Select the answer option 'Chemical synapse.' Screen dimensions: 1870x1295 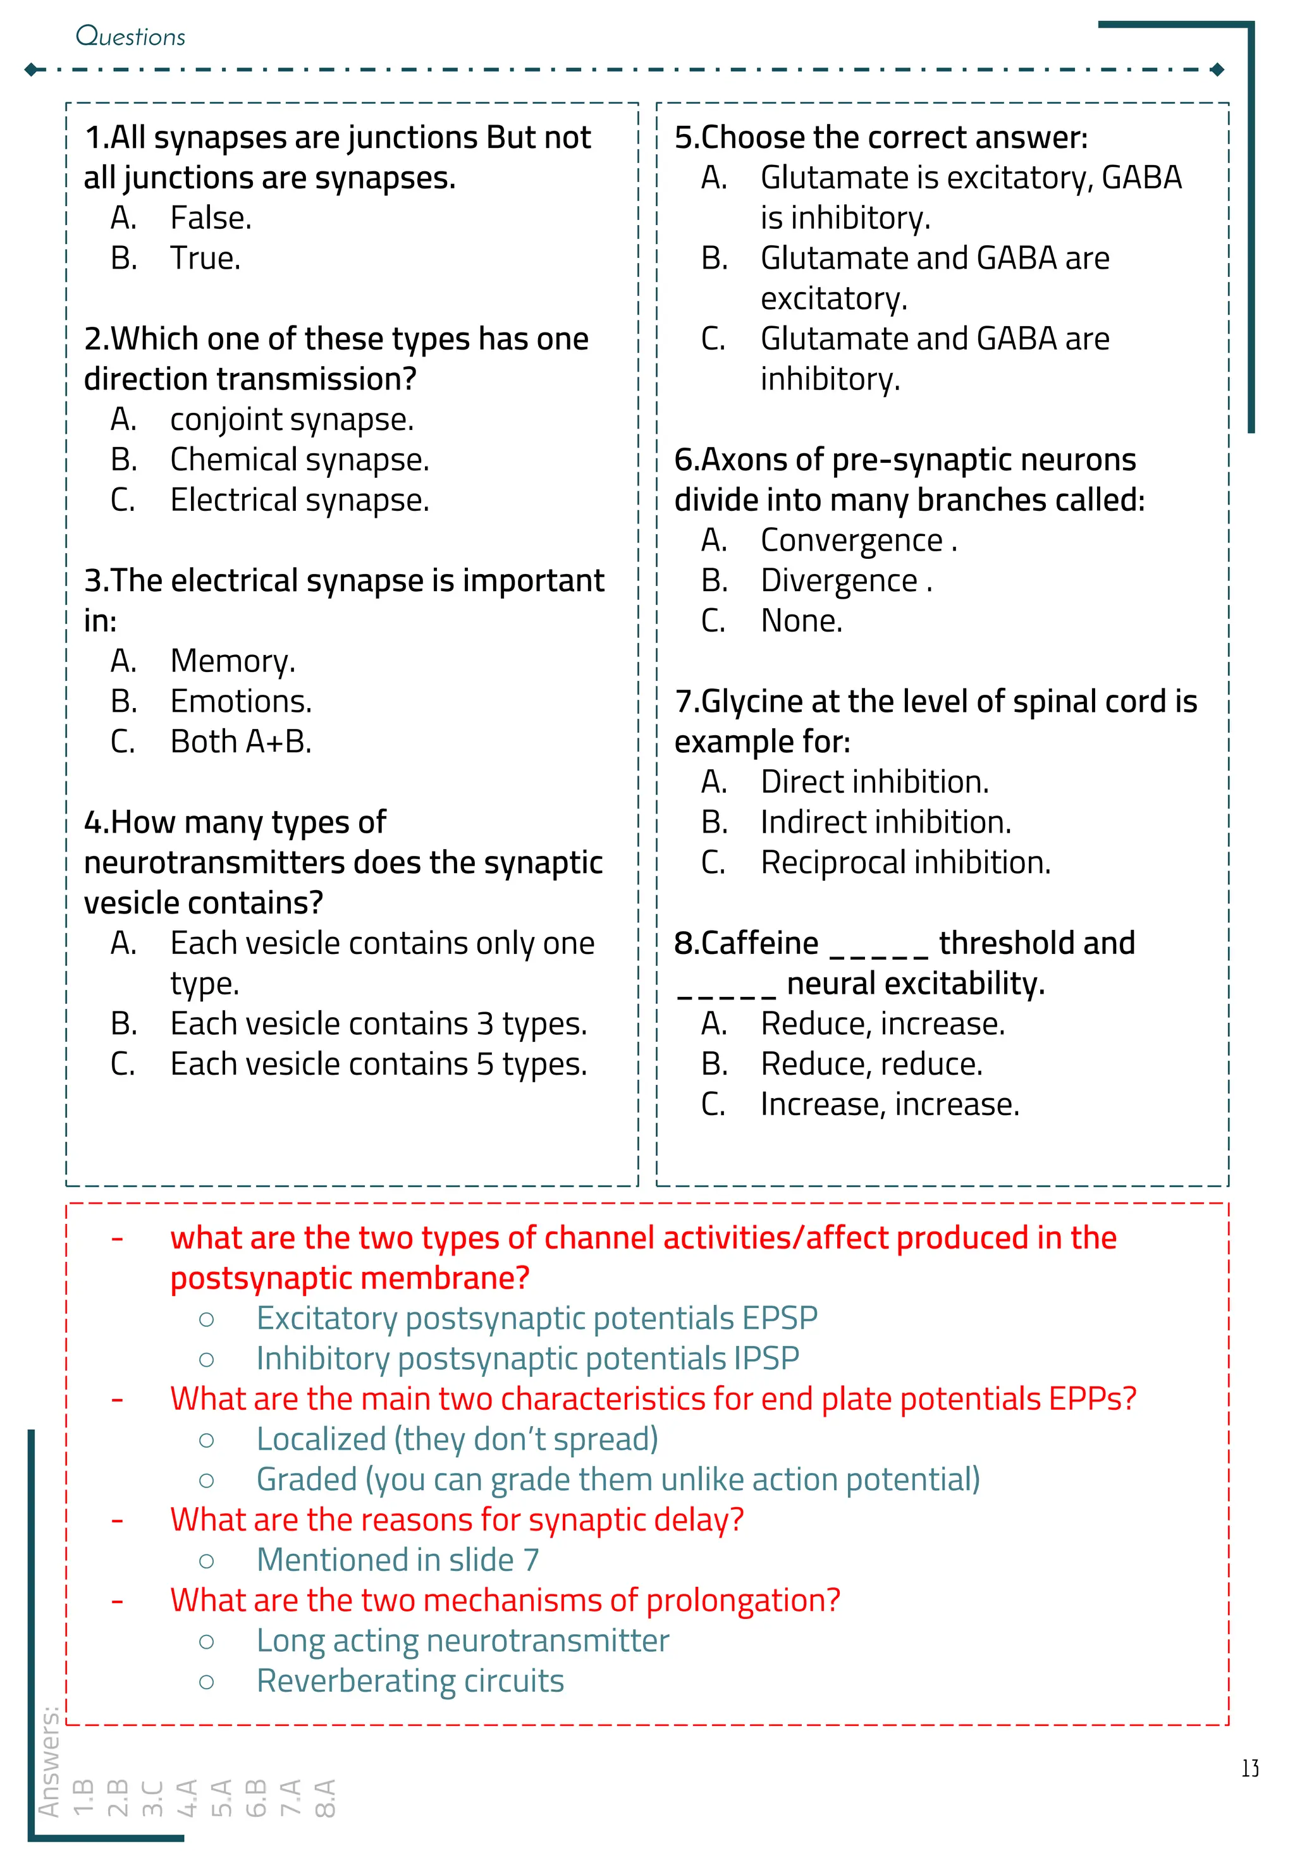298,460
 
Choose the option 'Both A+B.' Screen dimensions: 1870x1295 240,742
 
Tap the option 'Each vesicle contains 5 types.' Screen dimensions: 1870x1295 377,1063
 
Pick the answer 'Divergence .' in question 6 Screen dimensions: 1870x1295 845,581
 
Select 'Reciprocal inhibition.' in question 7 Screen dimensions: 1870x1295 905,862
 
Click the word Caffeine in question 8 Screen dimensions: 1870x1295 759,943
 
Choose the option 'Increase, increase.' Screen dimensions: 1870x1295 889,1104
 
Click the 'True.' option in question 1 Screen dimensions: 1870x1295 204,259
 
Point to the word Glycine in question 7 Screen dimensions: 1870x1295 751,702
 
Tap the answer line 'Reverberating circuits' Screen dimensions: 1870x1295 410,1680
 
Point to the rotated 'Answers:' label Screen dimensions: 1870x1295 49,1761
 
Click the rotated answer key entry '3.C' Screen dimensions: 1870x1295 152,1798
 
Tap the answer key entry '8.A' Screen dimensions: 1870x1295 324,1798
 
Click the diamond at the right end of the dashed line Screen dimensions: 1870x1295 1217,70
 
